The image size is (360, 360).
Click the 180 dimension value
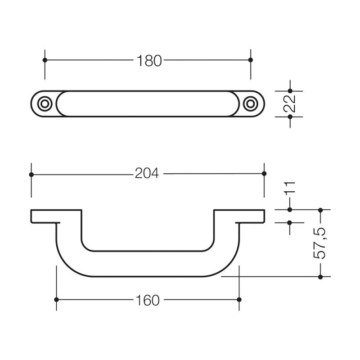point(149,61)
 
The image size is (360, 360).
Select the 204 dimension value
point(147,173)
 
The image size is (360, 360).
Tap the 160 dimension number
point(148,300)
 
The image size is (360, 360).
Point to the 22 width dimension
point(290,104)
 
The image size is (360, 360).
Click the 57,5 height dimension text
point(320,243)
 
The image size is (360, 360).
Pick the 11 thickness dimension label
point(290,189)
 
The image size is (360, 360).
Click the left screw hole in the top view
point(45,104)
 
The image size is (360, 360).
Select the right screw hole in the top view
point(251,104)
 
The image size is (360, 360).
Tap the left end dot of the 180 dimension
point(45,60)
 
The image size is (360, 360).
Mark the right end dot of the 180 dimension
point(251,60)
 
